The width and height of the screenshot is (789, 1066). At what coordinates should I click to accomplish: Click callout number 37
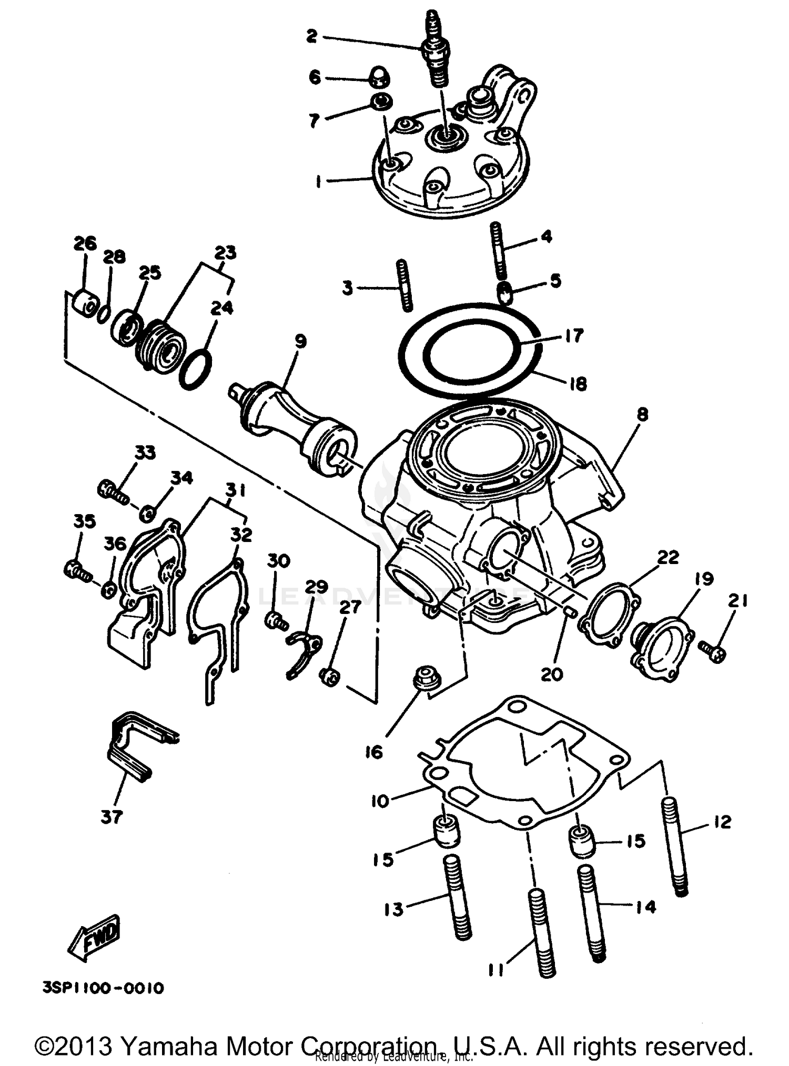(112, 816)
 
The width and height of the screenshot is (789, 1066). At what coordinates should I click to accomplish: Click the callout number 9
(300, 342)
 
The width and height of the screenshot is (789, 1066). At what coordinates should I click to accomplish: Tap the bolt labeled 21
(713, 651)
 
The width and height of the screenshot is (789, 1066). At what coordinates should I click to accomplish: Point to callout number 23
(225, 252)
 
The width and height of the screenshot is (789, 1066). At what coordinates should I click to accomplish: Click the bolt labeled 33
(113, 492)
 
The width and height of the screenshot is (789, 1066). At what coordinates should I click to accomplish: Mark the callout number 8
(642, 414)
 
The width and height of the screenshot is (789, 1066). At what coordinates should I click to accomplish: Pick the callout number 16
(374, 752)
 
